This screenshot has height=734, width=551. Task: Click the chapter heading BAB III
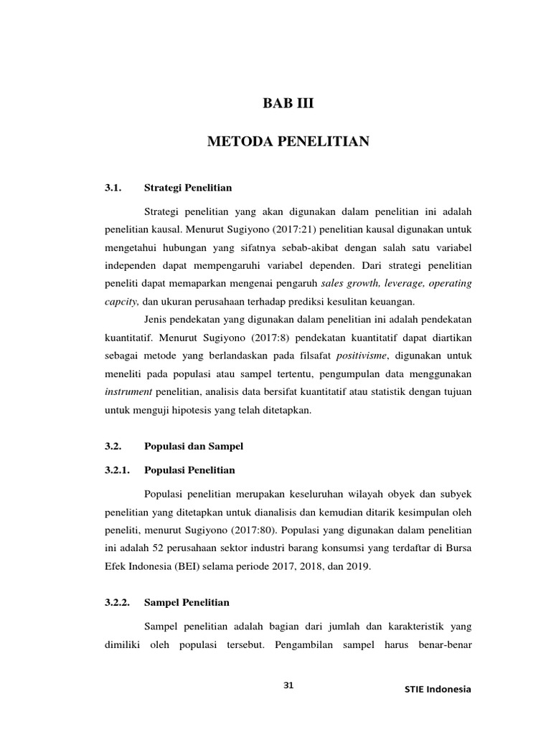[x=288, y=105]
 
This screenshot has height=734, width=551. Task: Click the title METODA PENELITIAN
[x=288, y=142]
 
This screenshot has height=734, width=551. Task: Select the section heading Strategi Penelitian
[x=188, y=188]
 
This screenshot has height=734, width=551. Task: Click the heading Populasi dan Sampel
[x=194, y=446]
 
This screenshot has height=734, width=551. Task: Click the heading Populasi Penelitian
[x=189, y=470]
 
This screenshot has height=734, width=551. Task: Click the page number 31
[x=288, y=685]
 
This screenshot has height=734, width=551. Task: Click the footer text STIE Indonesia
[x=437, y=689]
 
